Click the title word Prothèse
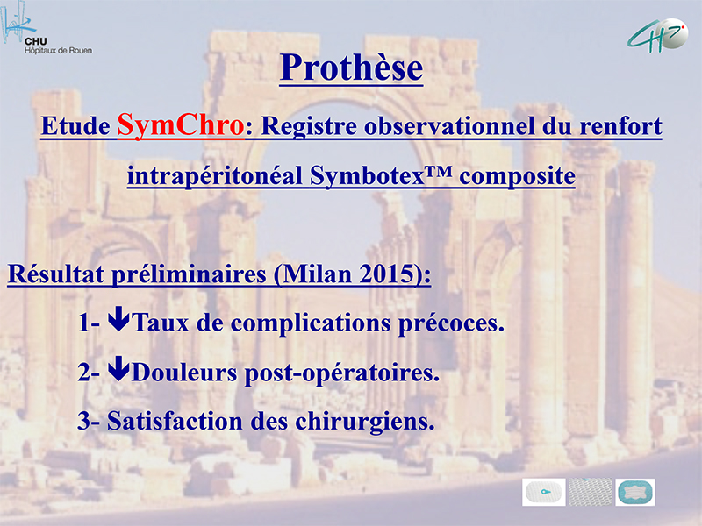pyautogui.click(x=352, y=68)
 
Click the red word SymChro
pyautogui.click(x=181, y=125)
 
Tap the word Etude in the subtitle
pyautogui.click(x=75, y=125)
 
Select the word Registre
pyautogui.click(x=309, y=126)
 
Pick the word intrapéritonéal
pyautogui.click(x=215, y=175)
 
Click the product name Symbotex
pyautogui.click(x=367, y=175)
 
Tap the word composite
pyautogui.click(x=517, y=176)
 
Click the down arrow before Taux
pyautogui.click(x=118, y=318)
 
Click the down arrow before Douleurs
pyautogui.click(x=118, y=368)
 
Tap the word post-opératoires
pyautogui.click(x=341, y=373)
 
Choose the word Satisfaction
pyautogui.click(x=175, y=421)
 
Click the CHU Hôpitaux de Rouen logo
pyautogui.click(x=47, y=29)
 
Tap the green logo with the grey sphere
pyautogui.click(x=658, y=35)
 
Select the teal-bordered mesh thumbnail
pyautogui.click(x=634, y=492)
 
